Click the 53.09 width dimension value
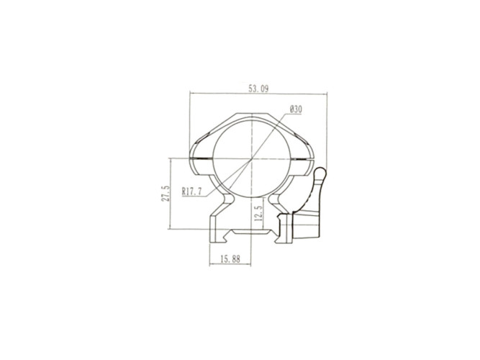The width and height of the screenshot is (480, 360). (x=258, y=89)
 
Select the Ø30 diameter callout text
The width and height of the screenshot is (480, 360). (x=295, y=109)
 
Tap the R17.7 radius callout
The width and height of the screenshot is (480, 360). (x=192, y=192)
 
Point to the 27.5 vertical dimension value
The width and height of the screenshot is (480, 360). (x=166, y=193)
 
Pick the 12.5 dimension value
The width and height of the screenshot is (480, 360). (x=258, y=213)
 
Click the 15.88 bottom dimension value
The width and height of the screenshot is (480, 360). (x=230, y=259)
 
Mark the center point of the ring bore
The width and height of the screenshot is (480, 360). (x=251, y=158)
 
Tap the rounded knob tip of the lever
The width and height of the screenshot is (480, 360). (x=321, y=173)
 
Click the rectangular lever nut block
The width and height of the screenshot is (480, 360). (x=306, y=225)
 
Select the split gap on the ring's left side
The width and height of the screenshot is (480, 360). (x=201, y=158)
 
